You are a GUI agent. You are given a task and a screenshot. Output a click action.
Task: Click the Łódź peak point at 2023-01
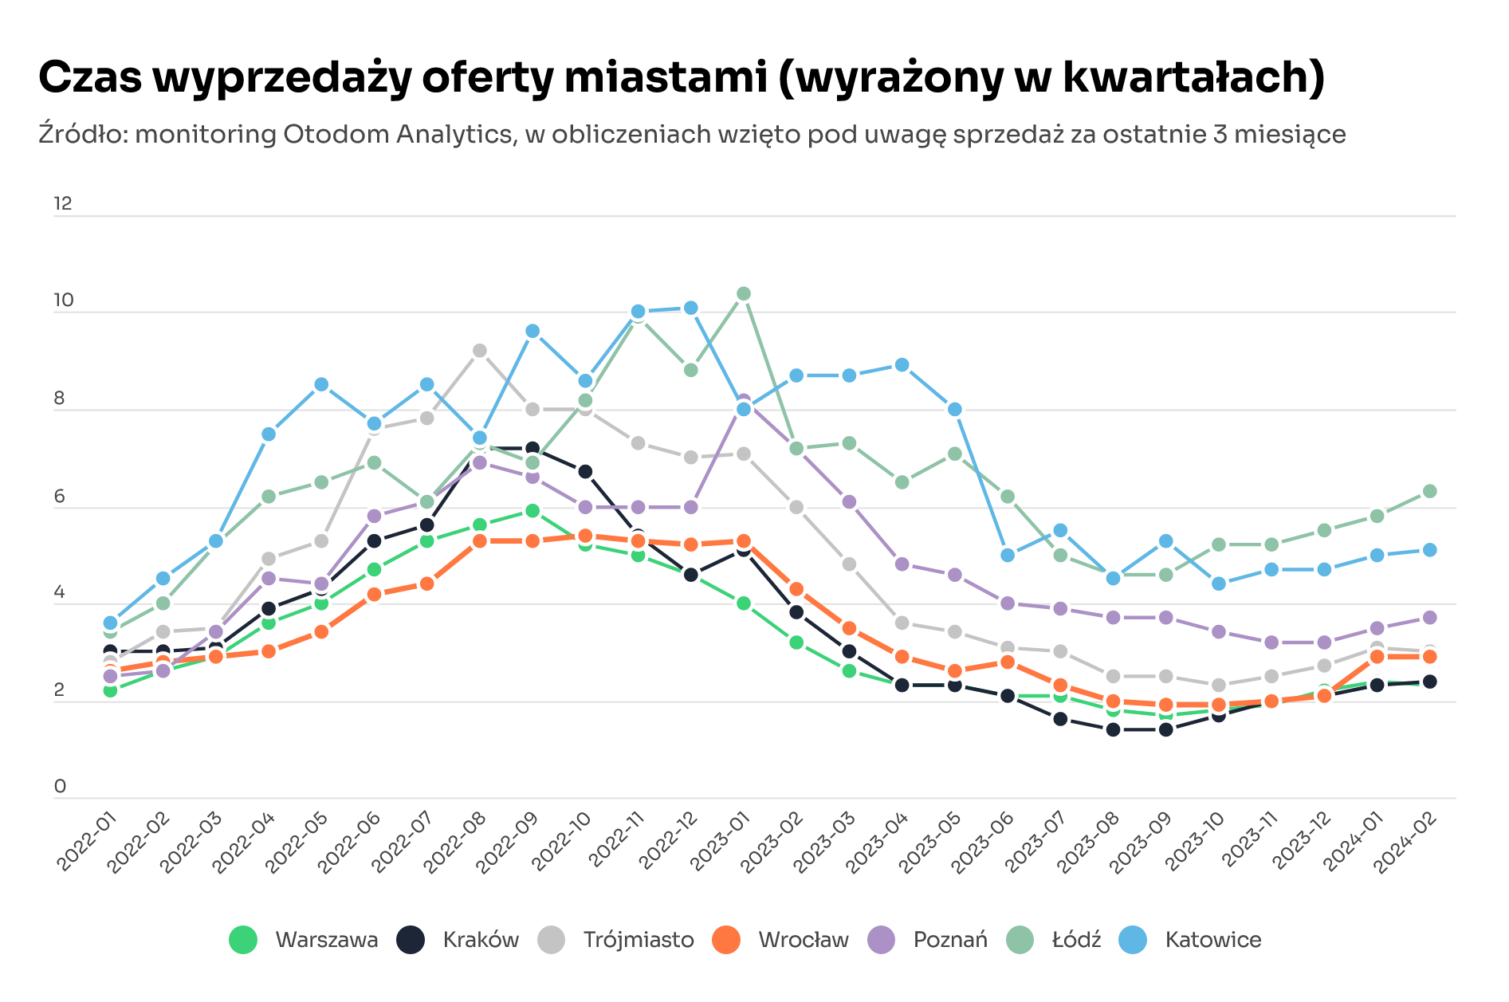(743, 294)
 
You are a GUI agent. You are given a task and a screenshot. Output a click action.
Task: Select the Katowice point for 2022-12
(690, 308)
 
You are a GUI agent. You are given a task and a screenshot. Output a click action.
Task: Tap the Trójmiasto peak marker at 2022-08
(479, 351)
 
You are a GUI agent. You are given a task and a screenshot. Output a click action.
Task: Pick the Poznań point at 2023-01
(743, 399)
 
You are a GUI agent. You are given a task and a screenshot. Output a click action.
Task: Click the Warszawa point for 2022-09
(532, 510)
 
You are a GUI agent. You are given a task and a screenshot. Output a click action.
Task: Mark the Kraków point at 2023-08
(1113, 729)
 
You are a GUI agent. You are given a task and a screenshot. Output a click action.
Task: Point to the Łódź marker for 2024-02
(1429, 491)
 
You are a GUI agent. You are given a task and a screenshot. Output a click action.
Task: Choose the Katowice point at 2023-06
(1007, 555)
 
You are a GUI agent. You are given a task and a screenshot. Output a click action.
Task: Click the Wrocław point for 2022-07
(426, 584)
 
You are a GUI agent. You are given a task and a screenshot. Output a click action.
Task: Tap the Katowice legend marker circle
(1133, 940)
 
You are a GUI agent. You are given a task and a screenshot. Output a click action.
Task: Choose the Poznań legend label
(950, 940)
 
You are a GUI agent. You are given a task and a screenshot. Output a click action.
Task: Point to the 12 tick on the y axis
(63, 204)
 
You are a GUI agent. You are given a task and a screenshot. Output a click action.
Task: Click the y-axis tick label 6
(60, 497)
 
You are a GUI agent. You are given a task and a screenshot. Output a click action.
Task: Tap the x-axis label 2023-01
(720, 843)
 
